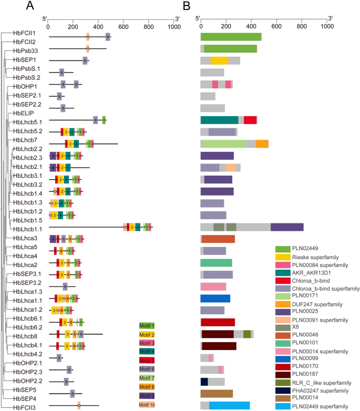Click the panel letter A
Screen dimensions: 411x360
coord(30,6)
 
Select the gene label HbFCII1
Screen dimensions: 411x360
coord(25,33)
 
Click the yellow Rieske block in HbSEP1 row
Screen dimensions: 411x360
coord(219,60)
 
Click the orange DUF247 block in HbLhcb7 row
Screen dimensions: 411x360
coord(262,143)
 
